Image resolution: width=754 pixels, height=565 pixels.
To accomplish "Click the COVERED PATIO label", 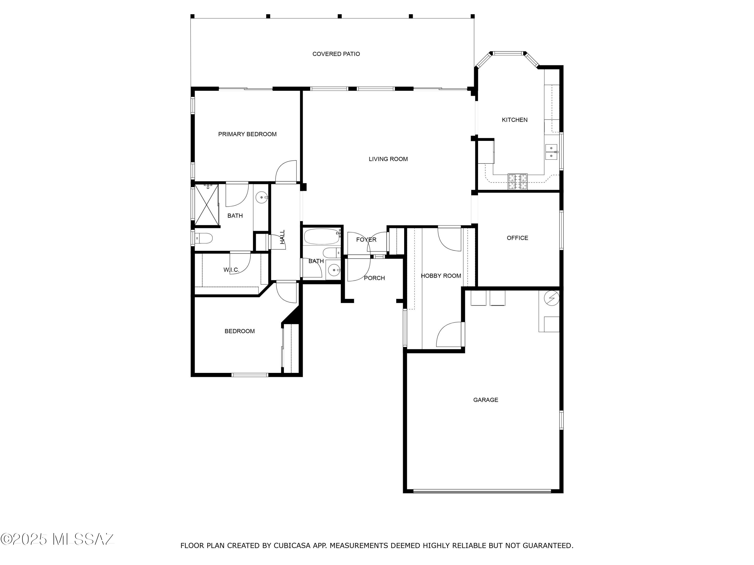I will (x=336, y=54).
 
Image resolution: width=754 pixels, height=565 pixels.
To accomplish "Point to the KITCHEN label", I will (x=514, y=120).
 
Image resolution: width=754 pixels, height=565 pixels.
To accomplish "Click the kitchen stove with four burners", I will (x=517, y=181).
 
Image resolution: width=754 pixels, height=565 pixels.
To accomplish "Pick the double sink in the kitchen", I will (x=551, y=152).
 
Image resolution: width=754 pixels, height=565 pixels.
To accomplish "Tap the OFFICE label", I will (x=517, y=238).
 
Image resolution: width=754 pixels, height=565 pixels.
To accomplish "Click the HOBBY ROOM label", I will (x=441, y=276).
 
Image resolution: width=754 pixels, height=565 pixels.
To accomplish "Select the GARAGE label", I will (x=485, y=400).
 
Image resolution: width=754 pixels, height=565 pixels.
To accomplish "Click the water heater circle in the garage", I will (x=551, y=298).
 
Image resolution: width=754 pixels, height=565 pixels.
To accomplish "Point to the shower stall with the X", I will (x=207, y=205).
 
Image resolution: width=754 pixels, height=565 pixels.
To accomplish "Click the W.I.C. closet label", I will (x=231, y=270).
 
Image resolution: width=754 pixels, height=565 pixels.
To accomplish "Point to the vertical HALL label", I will (x=282, y=237).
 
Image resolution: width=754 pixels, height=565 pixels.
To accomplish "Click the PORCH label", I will (x=374, y=278).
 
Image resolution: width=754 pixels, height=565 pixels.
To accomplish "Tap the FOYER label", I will (x=366, y=240).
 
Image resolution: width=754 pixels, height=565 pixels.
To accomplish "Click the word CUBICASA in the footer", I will (x=292, y=546).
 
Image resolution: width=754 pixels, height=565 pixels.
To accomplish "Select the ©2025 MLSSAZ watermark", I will (x=57, y=539).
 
